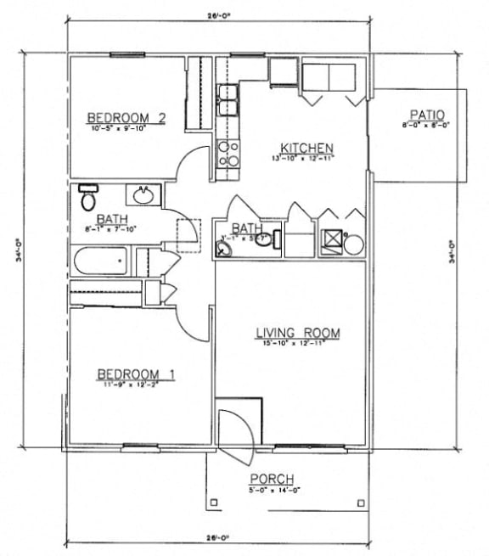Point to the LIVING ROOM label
click(297, 333)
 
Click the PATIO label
click(428, 115)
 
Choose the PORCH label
click(272, 480)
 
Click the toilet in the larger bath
click(88, 199)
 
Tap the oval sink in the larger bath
click(143, 196)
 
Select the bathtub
click(100, 261)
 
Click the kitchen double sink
click(227, 99)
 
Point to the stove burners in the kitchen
click(228, 153)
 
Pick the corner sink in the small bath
click(224, 248)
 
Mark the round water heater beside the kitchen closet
click(353, 244)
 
